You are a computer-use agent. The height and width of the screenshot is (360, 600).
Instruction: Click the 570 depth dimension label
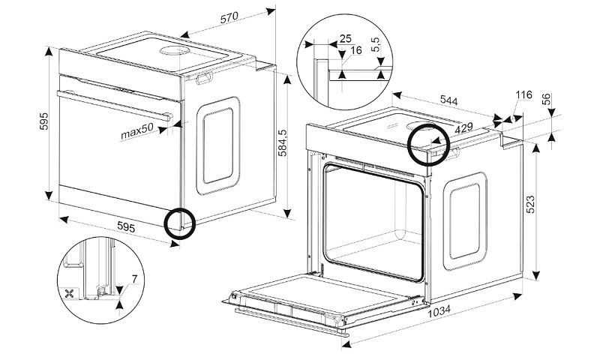(x=229, y=17)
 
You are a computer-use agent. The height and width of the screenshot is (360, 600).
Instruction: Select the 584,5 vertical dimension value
(x=283, y=143)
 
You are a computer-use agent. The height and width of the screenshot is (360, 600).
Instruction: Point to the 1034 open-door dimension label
(x=439, y=311)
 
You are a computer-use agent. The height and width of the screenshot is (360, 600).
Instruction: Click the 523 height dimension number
(x=530, y=204)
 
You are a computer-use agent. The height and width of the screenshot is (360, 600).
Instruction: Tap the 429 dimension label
(x=463, y=127)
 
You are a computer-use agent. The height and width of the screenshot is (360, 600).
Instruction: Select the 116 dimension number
(x=523, y=94)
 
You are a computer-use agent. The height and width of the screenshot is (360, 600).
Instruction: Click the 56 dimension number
(x=547, y=99)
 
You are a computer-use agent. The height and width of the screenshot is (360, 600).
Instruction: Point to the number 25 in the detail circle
(x=345, y=38)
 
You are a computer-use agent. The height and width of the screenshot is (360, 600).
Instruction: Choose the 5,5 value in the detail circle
(x=376, y=45)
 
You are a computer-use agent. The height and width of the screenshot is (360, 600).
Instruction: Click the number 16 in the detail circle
(x=355, y=50)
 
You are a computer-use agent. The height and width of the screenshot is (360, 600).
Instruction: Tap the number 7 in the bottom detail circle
(x=134, y=279)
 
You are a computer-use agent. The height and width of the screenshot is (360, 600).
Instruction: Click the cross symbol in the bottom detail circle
(x=69, y=294)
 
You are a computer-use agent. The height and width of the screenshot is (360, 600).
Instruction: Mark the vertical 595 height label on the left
(x=44, y=121)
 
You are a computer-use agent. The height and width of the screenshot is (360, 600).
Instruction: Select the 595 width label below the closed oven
(x=126, y=228)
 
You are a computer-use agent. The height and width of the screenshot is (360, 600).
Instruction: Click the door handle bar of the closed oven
(x=114, y=106)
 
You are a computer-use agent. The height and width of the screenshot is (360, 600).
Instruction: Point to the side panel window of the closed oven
(x=218, y=145)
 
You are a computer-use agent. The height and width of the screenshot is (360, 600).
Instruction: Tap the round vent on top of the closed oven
(x=175, y=51)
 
